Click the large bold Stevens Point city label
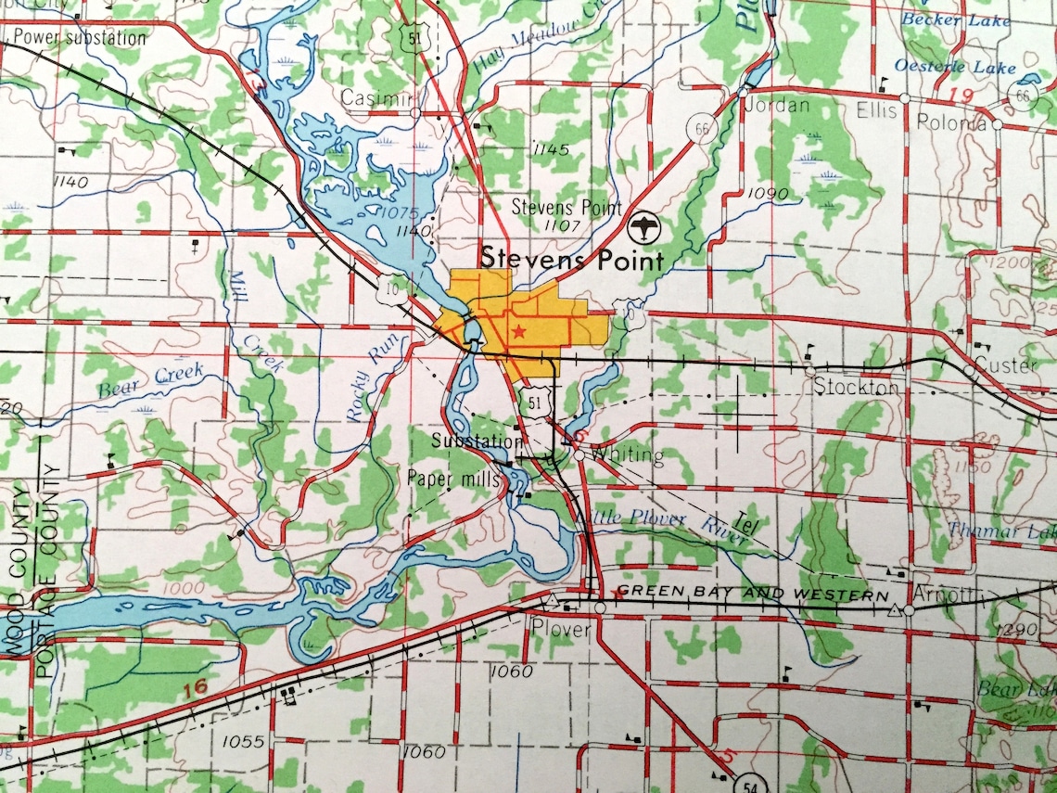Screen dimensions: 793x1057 pyautogui.click(x=572, y=259)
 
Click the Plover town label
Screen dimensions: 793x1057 pyautogui.click(x=561, y=628)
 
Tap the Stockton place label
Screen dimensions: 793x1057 pyautogui.click(x=856, y=387)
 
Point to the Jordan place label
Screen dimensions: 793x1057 pyautogui.click(x=779, y=105)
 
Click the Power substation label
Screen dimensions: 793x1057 pyautogui.click(x=80, y=38)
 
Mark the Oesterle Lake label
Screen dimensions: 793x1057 pyautogui.click(x=942, y=67)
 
